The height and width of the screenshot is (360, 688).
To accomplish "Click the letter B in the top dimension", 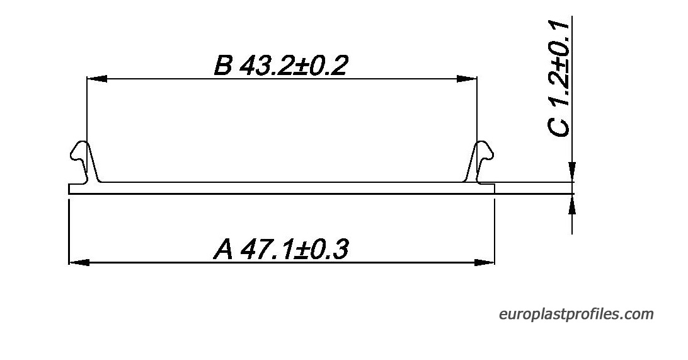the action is pyautogui.click(x=223, y=65).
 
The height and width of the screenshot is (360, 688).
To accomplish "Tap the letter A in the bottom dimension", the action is pyautogui.click(x=223, y=249).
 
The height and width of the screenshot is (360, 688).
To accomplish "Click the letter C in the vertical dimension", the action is pyautogui.click(x=559, y=127).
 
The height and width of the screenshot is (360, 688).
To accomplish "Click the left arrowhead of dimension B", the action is pyautogui.click(x=96, y=79).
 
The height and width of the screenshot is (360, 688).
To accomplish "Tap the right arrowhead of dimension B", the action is pyautogui.click(x=466, y=79).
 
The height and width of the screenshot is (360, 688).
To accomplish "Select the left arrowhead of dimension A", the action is pyautogui.click(x=79, y=262).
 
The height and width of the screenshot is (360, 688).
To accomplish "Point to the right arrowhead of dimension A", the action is pyautogui.click(x=484, y=262).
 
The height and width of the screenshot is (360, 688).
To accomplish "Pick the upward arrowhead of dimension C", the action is pyautogui.click(x=571, y=204).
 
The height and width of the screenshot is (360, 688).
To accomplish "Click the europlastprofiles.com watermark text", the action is pyautogui.click(x=576, y=315).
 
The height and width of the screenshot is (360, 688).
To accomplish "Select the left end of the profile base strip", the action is pyautogui.click(x=69, y=189).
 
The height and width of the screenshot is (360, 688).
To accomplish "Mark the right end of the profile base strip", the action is pyautogui.click(x=495, y=189).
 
